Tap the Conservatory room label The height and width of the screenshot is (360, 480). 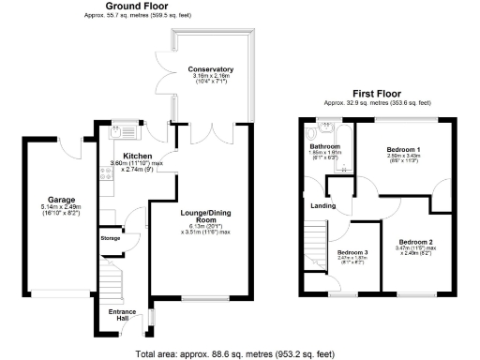point(210,70)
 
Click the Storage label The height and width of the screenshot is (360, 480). point(111,239)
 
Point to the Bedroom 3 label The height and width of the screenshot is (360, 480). point(353,254)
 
